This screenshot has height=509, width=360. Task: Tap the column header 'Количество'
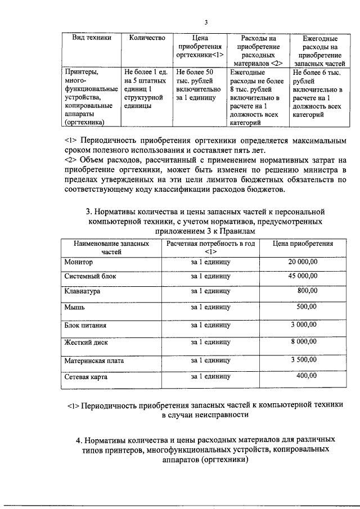point(146,38)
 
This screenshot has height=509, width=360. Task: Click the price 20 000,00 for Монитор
point(303,262)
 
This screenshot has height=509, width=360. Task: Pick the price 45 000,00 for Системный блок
point(303,276)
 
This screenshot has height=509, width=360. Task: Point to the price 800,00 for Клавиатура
point(307,291)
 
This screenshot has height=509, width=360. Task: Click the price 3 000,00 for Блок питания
point(304,325)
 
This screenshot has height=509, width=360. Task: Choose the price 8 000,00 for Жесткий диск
point(304,341)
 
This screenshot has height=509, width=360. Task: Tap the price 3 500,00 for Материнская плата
point(304,359)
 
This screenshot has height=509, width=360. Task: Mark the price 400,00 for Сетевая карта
point(307,376)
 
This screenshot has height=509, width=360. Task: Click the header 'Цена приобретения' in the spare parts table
point(303,244)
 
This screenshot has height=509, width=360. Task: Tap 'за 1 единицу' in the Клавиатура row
point(210,292)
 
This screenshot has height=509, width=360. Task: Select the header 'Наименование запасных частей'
point(106,248)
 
